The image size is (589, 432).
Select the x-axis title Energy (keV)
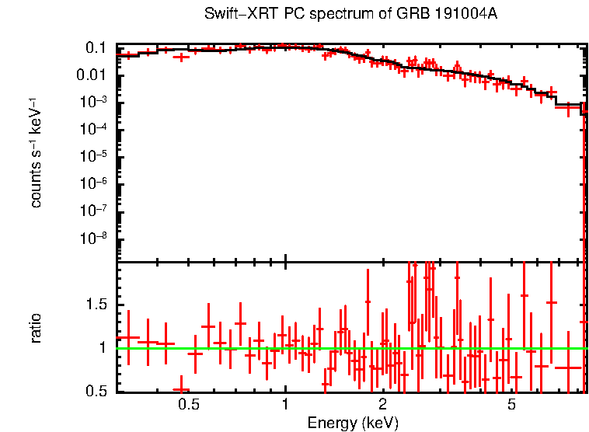[x=352, y=423]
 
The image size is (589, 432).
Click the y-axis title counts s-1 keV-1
[x=36, y=152]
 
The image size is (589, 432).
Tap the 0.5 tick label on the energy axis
[x=189, y=405]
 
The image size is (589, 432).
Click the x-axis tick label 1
[x=285, y=405]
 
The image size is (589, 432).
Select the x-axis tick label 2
[x=382, y=405]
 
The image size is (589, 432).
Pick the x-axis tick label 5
[x=511, y=405]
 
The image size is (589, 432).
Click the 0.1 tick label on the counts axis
[x=96, y=48]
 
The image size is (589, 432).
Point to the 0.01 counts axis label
[x=92, y=75]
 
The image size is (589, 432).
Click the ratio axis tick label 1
[x=104, y=347]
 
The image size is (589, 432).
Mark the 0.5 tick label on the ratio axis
[x=96, y=391]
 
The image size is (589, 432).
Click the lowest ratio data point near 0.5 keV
[x=181, y=390]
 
